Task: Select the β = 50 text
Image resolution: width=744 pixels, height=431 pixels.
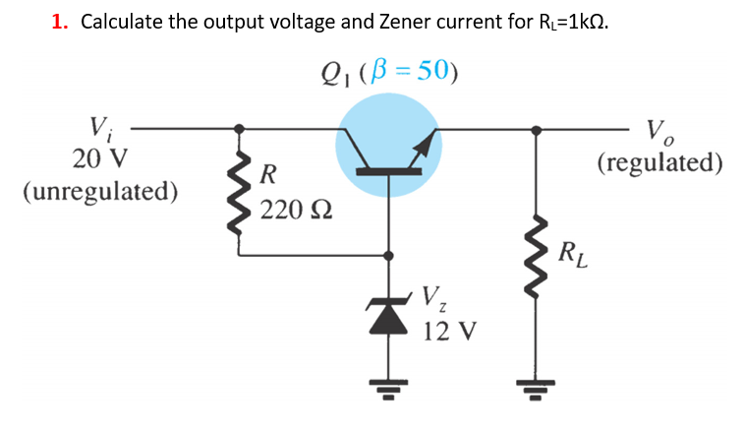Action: [414, 72]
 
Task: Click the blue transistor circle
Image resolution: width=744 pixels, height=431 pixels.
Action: [388, 146]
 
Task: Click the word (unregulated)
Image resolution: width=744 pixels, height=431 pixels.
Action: [99, 189]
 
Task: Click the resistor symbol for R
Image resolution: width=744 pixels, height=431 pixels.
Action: [237, 192]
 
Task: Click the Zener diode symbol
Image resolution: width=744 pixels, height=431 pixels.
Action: [389, 316]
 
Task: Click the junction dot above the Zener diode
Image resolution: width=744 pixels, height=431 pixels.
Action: [389, 255]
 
